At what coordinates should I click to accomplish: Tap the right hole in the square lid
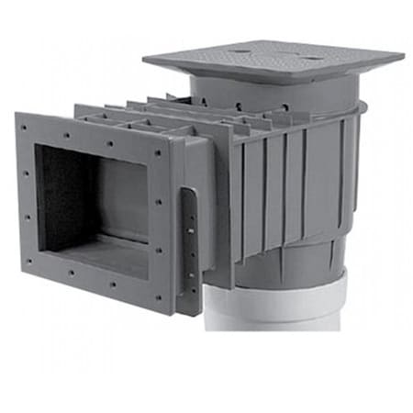[x=311, y=58]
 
